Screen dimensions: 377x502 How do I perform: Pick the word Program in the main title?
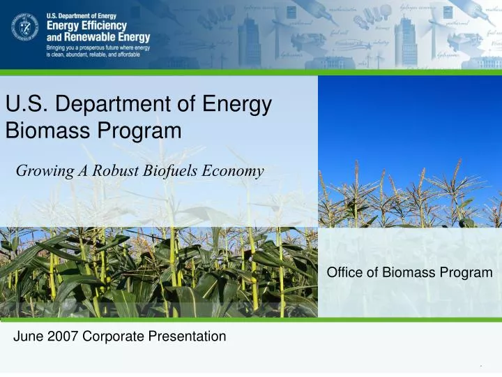pos(137,130)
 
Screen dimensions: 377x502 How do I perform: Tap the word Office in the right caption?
pos(344,273)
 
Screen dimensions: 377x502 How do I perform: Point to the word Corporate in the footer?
pos(109,337)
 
